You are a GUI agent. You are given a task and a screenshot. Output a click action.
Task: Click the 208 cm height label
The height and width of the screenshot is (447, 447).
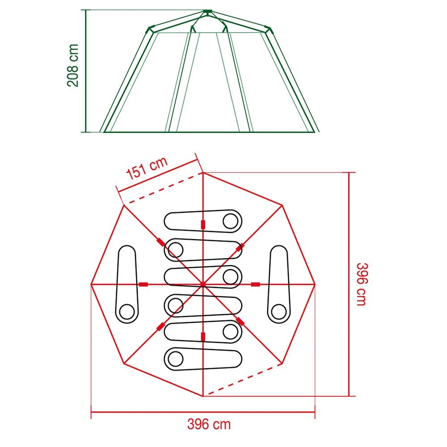pos(72,65)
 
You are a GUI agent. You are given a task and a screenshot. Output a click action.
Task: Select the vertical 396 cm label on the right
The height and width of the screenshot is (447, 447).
pos(361,284)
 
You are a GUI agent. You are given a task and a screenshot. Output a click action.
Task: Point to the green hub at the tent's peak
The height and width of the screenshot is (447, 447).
pos(207,11)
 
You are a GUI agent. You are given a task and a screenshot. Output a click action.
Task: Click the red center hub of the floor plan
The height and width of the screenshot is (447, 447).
pos(203,284)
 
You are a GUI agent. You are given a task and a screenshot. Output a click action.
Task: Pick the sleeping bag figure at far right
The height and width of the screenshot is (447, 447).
pos(279,283)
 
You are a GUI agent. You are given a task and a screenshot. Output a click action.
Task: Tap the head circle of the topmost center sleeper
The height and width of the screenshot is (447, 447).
pos(231,220)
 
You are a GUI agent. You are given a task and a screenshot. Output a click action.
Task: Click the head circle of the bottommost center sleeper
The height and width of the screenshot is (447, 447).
pos(175,358)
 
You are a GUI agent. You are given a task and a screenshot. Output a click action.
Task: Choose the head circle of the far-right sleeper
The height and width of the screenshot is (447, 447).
pos(279,310)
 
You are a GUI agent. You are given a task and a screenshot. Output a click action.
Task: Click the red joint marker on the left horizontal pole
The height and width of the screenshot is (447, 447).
pos(143,284)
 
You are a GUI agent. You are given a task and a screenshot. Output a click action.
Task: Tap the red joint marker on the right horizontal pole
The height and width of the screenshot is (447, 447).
pos(256,284)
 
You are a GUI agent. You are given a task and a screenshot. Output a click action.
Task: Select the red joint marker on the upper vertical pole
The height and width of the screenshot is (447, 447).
pos(203,224)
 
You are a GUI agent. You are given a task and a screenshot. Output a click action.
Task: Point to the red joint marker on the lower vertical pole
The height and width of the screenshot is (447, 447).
pos(203,336)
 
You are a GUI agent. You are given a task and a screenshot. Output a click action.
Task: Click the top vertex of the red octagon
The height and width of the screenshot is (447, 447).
pos(203,172)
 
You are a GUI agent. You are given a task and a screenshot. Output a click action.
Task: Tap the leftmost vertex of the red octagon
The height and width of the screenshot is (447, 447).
pos(91,284)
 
